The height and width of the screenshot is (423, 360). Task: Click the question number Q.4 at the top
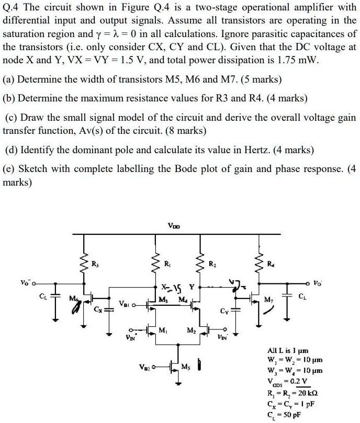coord(12,8)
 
